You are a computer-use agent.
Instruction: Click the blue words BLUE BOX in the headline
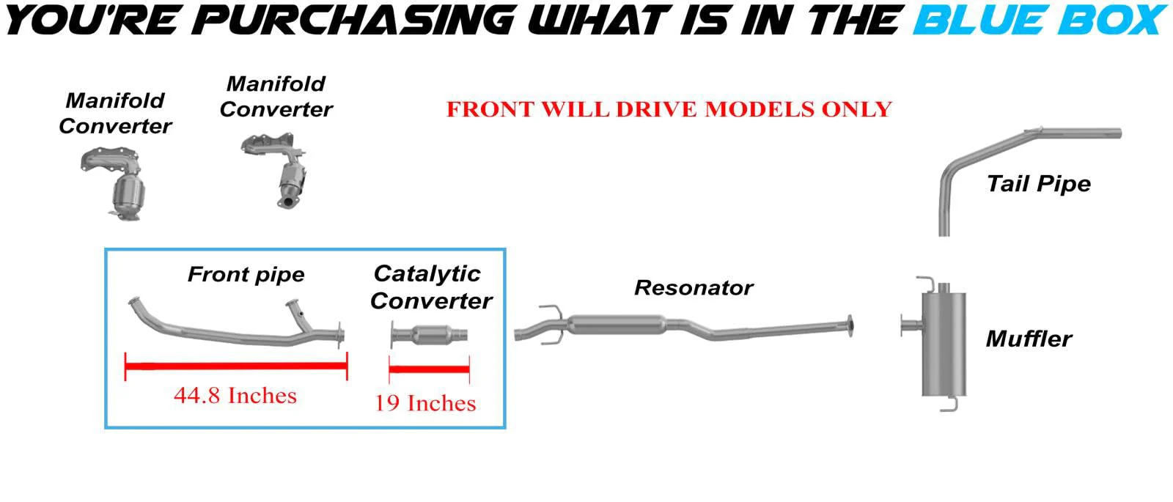click(x=1040, y=21)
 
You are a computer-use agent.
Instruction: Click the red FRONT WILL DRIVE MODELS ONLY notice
click(x=669, y=109)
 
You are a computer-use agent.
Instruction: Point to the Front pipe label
click(x=246, y=274)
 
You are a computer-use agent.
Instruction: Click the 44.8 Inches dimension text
click(x=235, y=395)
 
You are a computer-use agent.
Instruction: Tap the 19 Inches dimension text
click(x=425, y=403)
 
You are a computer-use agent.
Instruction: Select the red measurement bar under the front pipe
click(x=236, y=366)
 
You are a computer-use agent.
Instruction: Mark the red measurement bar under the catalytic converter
click(x=429, y=369)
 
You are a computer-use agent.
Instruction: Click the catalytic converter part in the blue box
click(x=429, y=334)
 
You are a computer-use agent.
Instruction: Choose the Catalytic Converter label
click(x=431, y=287)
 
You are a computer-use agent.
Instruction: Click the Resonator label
click(x=694, y=287)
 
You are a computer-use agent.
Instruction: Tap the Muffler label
click(x=1029, y=339)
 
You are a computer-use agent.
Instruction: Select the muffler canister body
click(x=944, y=344)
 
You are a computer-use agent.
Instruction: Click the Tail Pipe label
click(x=1038, y=184)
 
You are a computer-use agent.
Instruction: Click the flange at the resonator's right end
click(x=850, y=326)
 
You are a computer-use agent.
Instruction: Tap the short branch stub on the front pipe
click(x=301, y=316)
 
